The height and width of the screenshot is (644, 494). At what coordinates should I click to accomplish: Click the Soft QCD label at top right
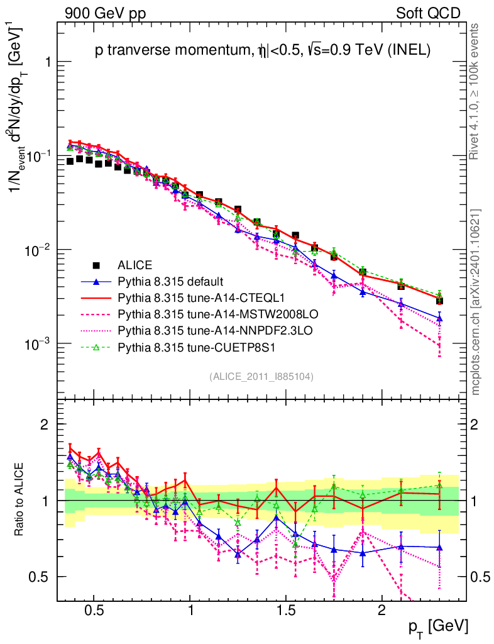pyautogui.click(x=428, y=13)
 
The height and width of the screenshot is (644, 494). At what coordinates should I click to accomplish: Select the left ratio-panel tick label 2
pyautogui.click(x=45, y=425)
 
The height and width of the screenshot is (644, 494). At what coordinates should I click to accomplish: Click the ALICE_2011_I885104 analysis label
pyautogui.click(x=261, y=376)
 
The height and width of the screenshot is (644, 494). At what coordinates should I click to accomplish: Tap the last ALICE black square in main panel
pyautogui.click(x=439, y=301)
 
